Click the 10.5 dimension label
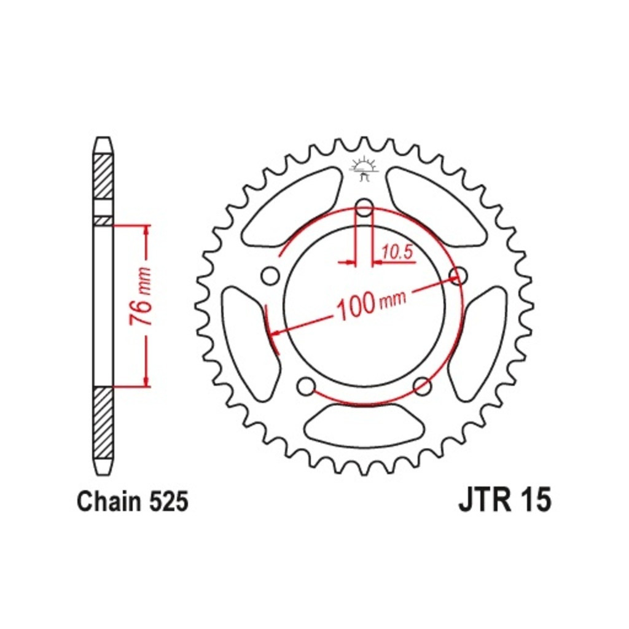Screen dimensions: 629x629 [397, 252]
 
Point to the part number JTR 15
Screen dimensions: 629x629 [505, 500]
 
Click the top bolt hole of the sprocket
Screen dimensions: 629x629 [364, 208]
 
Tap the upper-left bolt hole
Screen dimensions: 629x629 [270, 276]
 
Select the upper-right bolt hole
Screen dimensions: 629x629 [458, 276]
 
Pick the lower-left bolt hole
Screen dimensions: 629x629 [307, 386]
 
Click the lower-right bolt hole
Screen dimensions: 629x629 [422, 386]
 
